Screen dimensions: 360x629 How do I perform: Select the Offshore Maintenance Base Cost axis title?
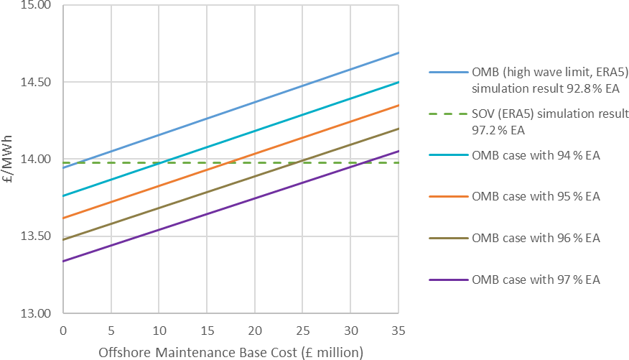(230, 352)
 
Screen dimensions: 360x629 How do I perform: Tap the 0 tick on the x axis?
(63, 331)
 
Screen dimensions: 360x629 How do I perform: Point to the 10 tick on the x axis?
(159, 331)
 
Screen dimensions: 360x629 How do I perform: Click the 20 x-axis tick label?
(254, 331)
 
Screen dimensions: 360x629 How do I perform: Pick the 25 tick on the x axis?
(302, 331)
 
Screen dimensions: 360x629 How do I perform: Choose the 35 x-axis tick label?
(398, 331)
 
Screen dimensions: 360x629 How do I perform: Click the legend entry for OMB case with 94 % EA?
(535, 155)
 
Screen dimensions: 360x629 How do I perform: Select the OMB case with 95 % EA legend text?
(535, 196)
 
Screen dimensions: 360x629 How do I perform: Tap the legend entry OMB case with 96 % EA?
(535, 238)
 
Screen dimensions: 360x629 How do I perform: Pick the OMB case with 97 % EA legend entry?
(535, 280)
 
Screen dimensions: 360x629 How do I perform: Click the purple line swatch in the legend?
(447, 280)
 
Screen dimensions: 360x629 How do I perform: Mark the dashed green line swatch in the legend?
(447, 114)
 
